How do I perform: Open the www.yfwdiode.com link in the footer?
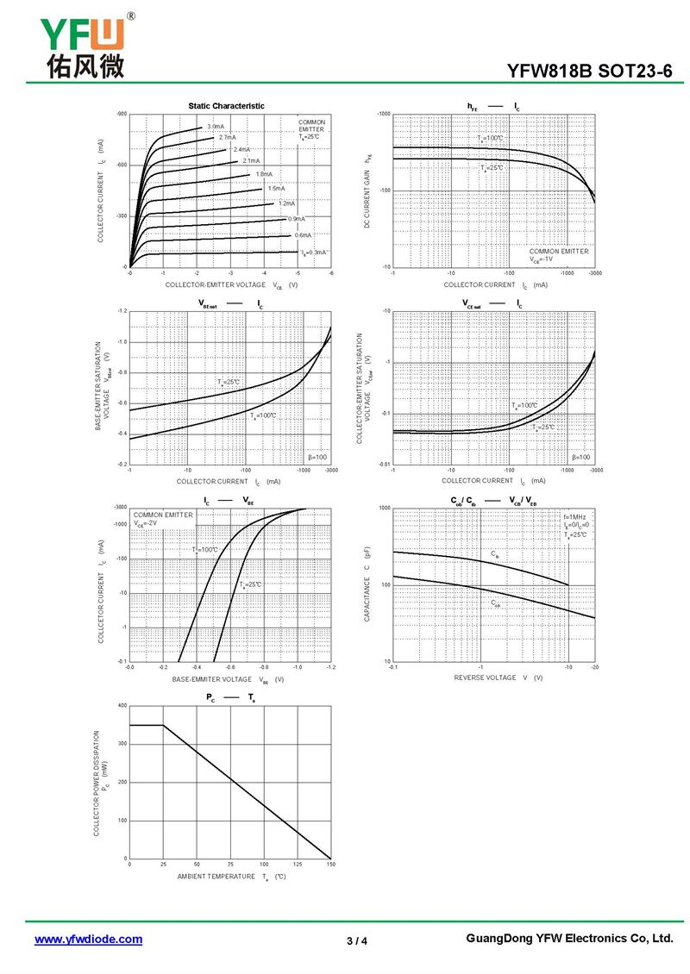[x=88, y=940]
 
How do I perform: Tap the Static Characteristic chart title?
[x=227, y=105]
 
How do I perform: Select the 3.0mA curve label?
[x=215, y=127]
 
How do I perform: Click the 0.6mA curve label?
[x=303, y=235]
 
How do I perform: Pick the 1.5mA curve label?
[x=276, y=188]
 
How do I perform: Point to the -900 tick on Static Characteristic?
[x=122, y=114]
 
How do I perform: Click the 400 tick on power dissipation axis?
[x=122, y=706]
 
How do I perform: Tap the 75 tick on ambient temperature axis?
[x=230, y=864]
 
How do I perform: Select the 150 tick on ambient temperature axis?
[x=330, y=864]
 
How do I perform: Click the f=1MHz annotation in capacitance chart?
[x=574, y=516]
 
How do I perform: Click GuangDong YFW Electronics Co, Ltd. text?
[x=568, y=939]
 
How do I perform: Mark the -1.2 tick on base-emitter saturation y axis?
[x=122, y=310]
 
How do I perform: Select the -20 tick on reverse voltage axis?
[x=594, y=667]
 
